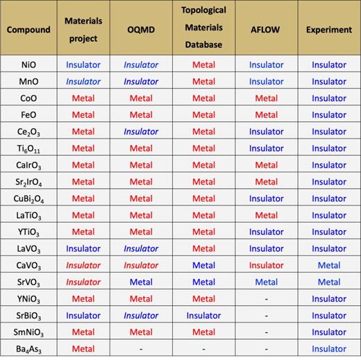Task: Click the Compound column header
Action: (x=29, y=30)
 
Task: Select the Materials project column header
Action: (x=83, y=30)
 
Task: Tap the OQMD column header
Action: (x=141, y=30)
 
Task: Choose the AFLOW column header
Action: (x=267, y=30)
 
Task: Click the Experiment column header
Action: (x=328, y=30)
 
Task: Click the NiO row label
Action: (x=29, y=65)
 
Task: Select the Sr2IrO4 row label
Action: (x=29, y=182)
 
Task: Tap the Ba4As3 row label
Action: (x=29, y=349)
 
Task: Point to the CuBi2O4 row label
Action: (x=29, y=198)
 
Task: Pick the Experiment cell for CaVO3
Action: (x=328, y=265)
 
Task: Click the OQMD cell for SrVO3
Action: (x=141, y=282)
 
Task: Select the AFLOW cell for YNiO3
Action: (x=267, y=299)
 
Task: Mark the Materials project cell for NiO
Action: (x=83, y=65)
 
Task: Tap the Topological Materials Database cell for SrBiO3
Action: (x=203, y=316)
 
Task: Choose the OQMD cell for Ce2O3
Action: (x=141, y=131)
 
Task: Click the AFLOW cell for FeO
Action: (x=267, y=114)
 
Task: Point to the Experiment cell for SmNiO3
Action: (x=328, y=332)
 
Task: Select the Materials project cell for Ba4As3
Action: (x=83, y=349)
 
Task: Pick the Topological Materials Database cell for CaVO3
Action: (x=203, y=265)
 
